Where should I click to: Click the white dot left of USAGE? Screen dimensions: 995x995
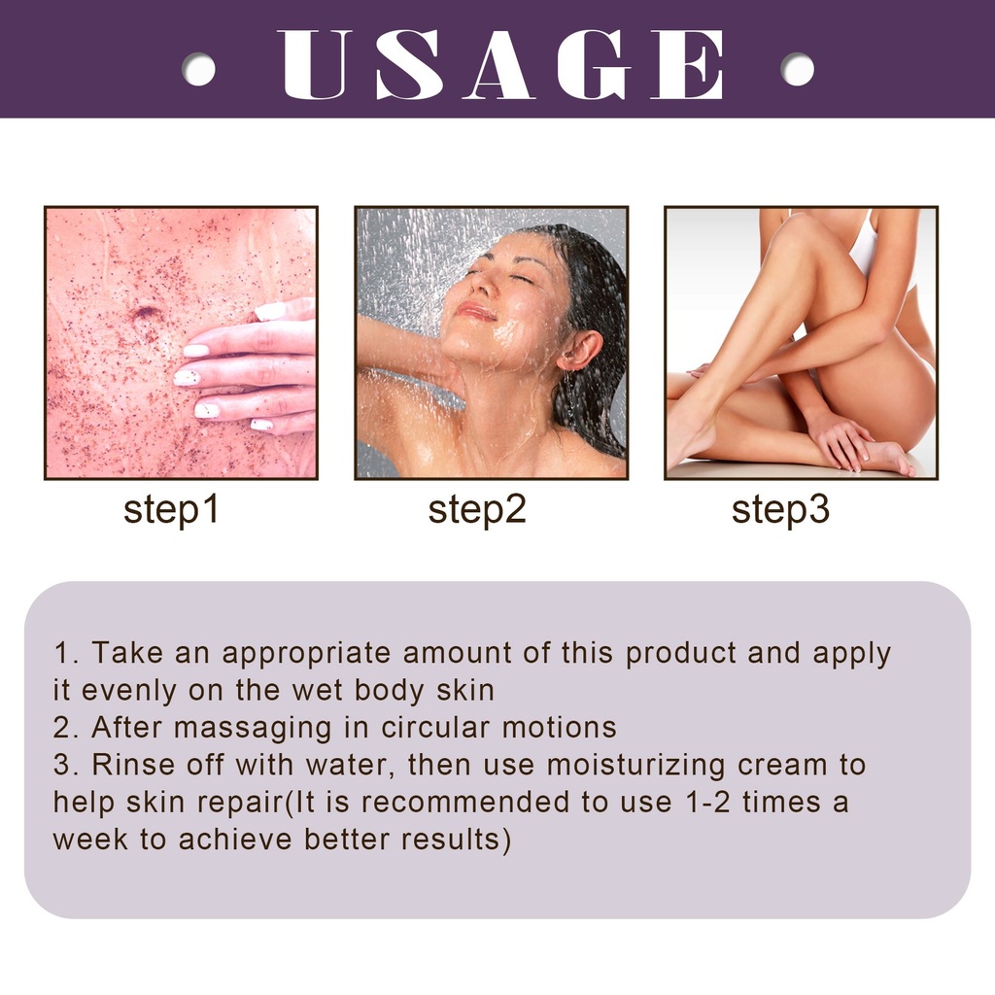[198, 69]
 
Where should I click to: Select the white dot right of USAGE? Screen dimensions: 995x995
[797, 69]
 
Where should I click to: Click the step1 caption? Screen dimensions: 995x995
[171, 509]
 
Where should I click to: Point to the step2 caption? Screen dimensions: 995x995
[477, 509]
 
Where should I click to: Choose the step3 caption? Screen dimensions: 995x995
[780, 509]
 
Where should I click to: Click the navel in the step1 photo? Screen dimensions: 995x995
[146, 313]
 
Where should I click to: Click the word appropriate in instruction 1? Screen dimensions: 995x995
[306, 654]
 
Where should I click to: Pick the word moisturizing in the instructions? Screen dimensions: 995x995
[635, 766]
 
